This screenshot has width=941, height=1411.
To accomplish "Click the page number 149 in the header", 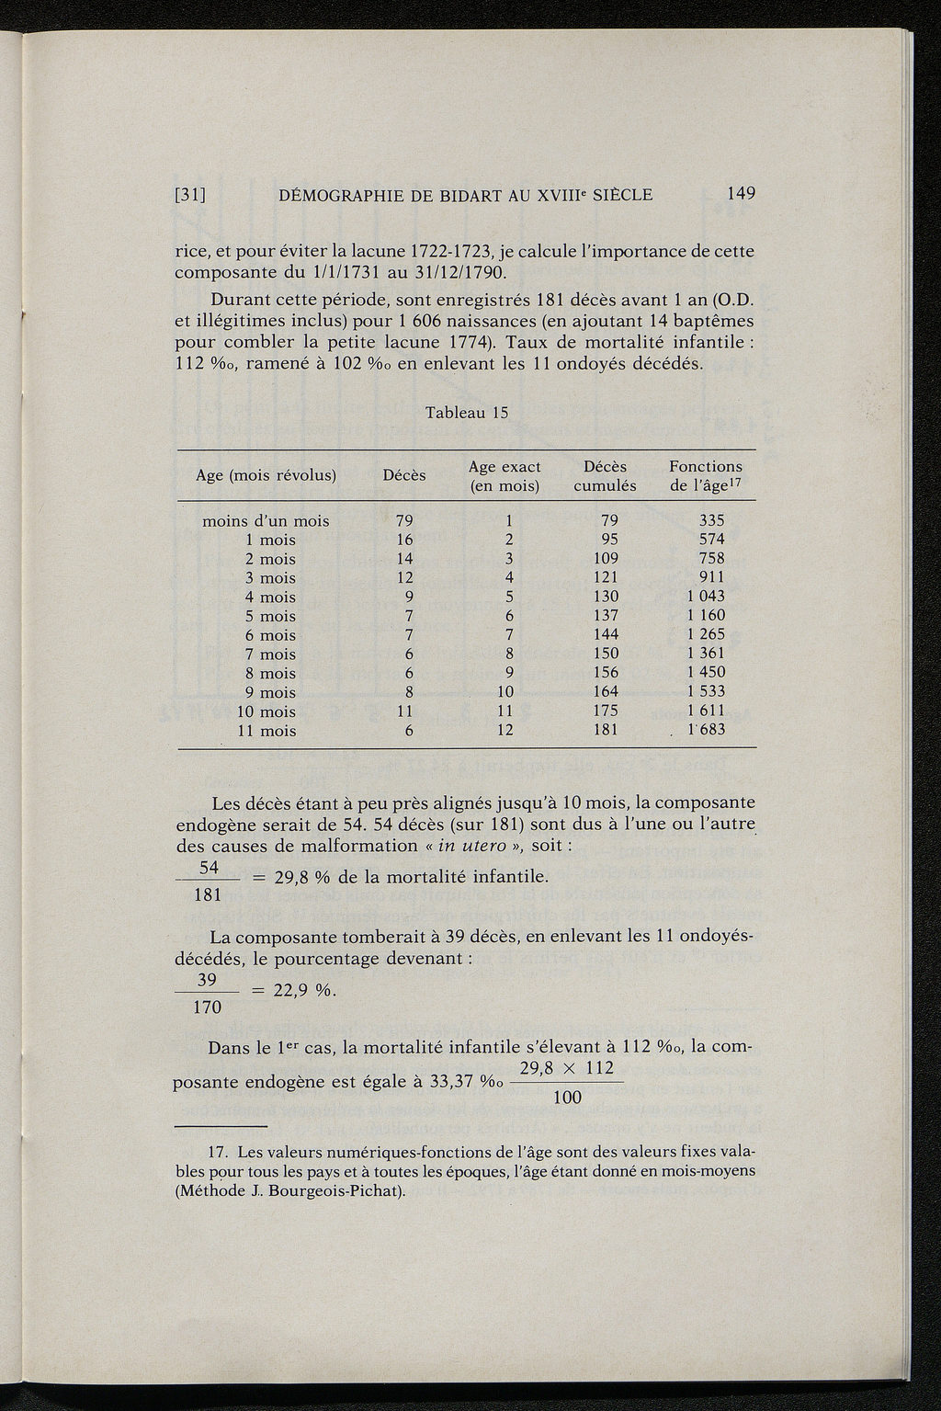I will click(x=740, y=194).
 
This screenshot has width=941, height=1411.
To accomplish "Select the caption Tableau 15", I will click(x=467, y=413).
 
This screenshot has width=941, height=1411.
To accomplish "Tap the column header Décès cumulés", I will click(x=605, y=476).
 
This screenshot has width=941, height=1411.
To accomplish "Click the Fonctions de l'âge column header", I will click(x=706, y=476).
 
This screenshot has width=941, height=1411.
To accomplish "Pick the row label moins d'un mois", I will click(x=266, y=521).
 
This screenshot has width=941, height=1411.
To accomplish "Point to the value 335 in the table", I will click(x=712, y=521).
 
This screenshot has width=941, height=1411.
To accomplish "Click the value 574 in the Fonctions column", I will click(x=712, y=540).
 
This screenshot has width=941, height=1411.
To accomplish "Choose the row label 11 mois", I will click(x=266, y=732).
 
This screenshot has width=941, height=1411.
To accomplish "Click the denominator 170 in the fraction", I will click(x=208, y=1008).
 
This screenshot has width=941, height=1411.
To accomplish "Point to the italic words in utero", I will click(x=471, y=846).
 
